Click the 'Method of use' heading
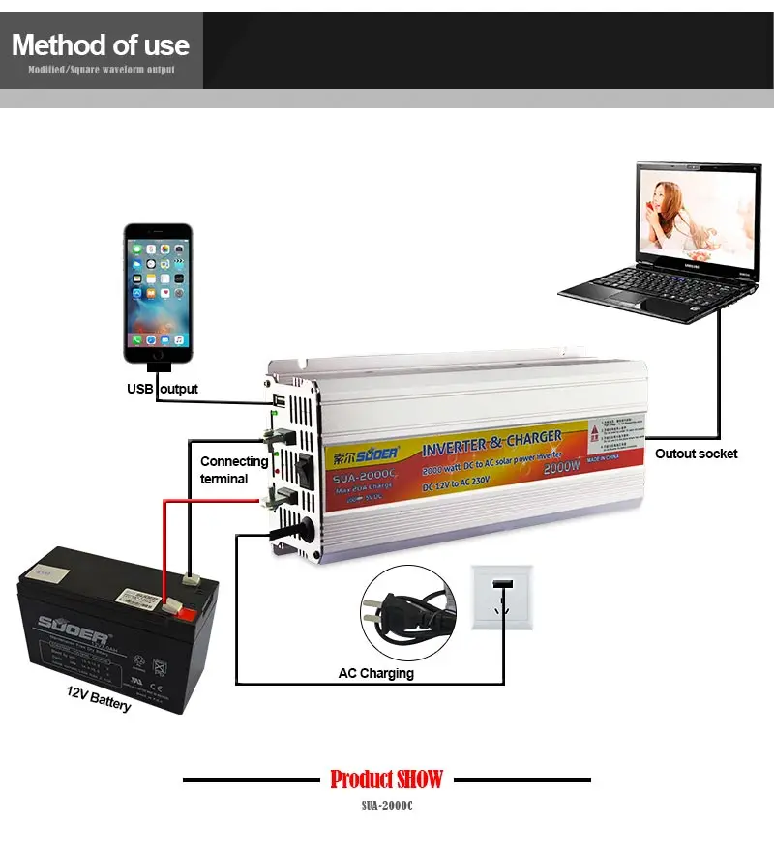(101, 44)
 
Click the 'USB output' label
(163, 389)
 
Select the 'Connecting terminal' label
(233, 470)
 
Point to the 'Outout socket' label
(696, 454)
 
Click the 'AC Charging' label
(375, 673)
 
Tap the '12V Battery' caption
(99, 698)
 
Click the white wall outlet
(502, 598)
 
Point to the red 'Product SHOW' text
(386, 778)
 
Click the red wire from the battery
(164, 542)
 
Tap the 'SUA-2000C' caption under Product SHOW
(386, 805)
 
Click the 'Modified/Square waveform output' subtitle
(101, 71)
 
